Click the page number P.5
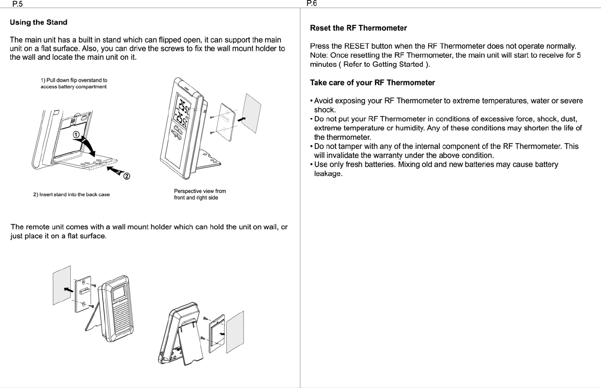point(17,4)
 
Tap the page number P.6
point(311,4)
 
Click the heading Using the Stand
point(39,22)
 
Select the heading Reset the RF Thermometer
point(358,28)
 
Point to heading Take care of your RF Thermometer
point(372,83)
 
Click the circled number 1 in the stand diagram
point(76,135)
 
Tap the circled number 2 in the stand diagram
point(127,177)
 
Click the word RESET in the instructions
point(357,46)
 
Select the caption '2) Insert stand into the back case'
point(72,195)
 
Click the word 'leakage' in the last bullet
point(328,174)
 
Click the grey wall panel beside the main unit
point(253,112)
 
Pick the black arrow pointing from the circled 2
point(113,171)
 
